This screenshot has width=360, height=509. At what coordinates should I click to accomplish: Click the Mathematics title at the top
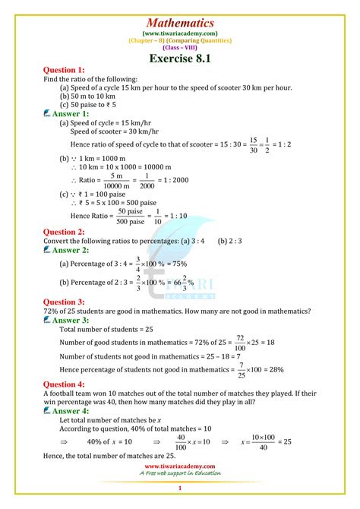pyautogui.click(x=179, y=24)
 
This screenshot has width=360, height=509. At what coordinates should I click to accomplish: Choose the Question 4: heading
pyautogui.click(x=68, y=385)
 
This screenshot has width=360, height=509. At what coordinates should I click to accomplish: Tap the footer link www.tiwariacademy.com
pyautogui.click(x=180, y=466)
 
